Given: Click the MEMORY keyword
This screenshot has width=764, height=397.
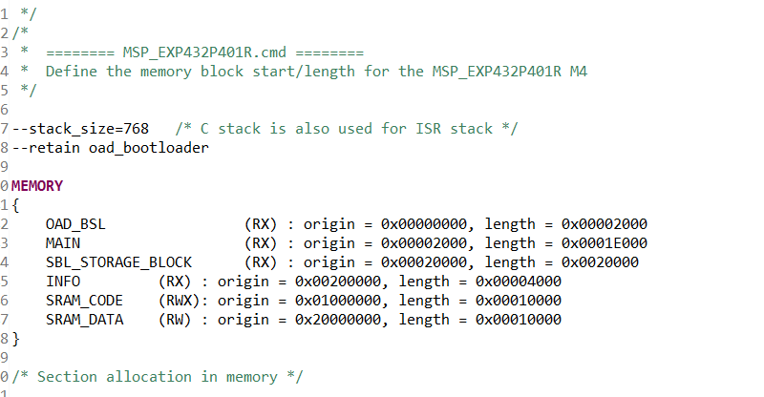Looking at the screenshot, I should click(x=37, y=185).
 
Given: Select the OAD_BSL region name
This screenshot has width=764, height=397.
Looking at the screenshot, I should click(x=75, y=224).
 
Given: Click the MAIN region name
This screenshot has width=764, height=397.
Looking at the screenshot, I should click(x=63, y=243).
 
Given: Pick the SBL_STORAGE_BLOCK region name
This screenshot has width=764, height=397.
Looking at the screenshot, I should click(x=118, y=262).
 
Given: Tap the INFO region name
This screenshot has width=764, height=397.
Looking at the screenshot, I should click(x=63, y=282).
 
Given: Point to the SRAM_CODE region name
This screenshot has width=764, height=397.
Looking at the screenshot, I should click(x=84, y=301).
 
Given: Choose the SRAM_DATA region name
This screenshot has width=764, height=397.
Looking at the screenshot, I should click(x=84, y=320).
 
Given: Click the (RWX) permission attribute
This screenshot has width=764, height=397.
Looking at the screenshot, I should click(x=179, y=301).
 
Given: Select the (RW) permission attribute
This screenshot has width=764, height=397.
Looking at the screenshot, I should click(x=175, y=320).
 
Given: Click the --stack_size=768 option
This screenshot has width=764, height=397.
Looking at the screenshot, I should click(x=80, y=129).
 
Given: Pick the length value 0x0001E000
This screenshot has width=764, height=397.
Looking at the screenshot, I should click(x=605, y=243).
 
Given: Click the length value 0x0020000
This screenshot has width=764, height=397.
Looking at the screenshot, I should click(x=601, y=262).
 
